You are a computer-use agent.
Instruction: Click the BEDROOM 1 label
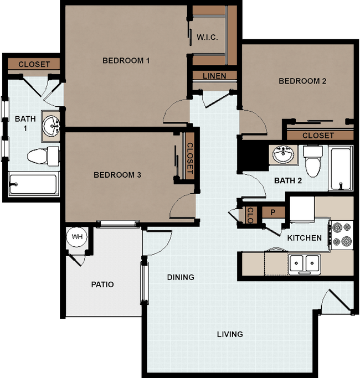126,60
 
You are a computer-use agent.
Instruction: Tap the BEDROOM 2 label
302,81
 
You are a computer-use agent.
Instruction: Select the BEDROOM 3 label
117,175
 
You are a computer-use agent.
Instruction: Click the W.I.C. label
207,38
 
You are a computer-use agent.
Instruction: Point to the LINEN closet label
214,76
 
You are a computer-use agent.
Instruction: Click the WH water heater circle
77,237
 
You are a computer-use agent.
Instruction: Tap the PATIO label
102,284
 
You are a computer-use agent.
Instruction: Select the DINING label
181,277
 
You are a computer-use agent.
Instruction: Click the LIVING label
230,334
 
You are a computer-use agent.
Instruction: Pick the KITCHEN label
304,238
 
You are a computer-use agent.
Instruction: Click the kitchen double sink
304,263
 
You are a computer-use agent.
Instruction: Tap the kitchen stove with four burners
340,234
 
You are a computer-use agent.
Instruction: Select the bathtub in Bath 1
33,184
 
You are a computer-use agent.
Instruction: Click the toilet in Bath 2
313,160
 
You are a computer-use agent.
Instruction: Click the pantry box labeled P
273,213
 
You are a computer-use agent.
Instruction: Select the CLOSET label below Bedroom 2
318,135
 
